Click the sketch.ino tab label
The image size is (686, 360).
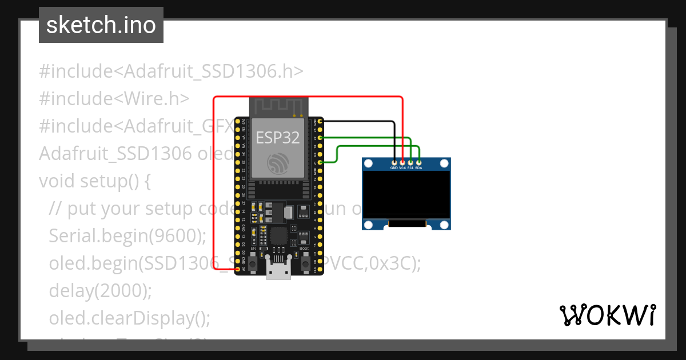[101, 25]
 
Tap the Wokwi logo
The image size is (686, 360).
[607, 315]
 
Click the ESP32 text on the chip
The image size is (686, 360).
[277, 138]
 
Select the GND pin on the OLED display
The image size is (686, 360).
[394, 163]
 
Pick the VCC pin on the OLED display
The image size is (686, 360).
[402, 163]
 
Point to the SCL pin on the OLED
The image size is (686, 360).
[410, 163]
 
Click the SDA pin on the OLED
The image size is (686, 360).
[419, 163]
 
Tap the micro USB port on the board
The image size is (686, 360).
[279, 270]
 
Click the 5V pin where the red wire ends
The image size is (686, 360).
[238, 269]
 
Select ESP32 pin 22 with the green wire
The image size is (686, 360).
[320, 138]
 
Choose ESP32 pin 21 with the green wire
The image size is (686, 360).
[320, 163]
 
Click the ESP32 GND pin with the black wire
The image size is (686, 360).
[320, 121]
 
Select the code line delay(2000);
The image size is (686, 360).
[101, 291]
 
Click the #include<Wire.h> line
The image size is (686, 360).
[114, 99]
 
